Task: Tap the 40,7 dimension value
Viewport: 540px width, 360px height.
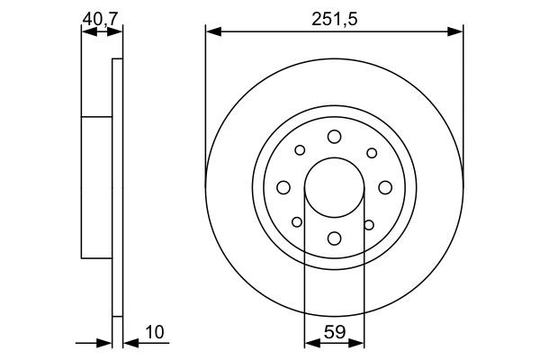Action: click(x=101, y=17)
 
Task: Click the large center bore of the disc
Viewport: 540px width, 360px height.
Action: click(x=334, y=186)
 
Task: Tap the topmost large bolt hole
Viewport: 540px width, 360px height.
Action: click(x=334, y=136)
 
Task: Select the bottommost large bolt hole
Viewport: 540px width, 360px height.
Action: click(x=334, y=238)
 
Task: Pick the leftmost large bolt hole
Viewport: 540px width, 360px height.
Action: click(x=283, y=186)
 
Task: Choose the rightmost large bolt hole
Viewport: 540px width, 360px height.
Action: click(x=385, y=186)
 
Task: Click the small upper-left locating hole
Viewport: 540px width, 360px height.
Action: click(x=300, y=151)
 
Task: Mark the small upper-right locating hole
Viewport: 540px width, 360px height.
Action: click(x=370, y=151)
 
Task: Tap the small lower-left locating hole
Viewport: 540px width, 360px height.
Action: click(x=298, y=222)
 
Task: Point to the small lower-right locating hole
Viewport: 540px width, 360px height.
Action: click(x=369, y=222)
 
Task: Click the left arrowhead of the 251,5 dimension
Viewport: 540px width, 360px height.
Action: click(x=212, y=32)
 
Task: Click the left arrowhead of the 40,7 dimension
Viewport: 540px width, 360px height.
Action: click(x=86, y=32)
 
